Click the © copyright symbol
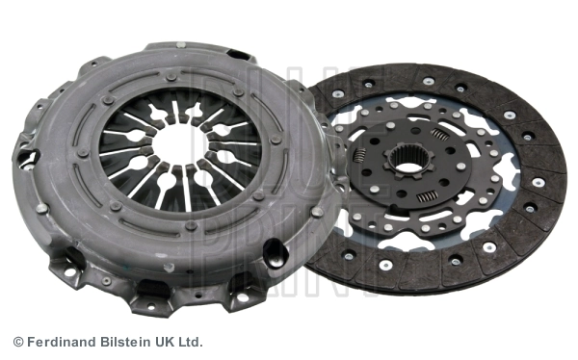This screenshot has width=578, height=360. click(18, 342)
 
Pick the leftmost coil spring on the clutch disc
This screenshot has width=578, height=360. click(358, 154)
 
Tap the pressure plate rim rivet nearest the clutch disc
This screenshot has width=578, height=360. click(316, 212)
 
